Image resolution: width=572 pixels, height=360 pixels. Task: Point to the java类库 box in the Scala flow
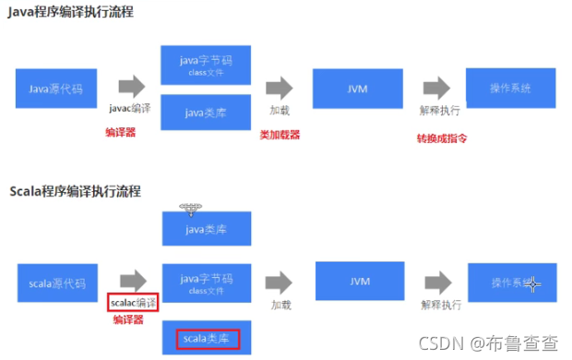pyautogui.click(x=207, y=227)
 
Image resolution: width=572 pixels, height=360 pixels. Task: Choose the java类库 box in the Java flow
pyautogui.click(x=206, y=114)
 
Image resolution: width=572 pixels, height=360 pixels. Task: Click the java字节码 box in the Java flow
pyautogui.click(x=206, y=66)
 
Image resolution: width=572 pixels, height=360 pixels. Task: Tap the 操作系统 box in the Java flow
pyautogui.click(x=510, y=89)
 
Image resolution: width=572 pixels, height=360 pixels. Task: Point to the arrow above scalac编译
pyautogui.click(x=134, y=280)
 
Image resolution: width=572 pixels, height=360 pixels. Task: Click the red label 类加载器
pyautogui.click(x=280, y=135)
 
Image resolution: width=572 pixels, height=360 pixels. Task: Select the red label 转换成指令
pyautogui.click(x=443, y=138)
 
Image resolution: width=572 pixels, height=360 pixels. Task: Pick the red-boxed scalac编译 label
pyautogui.click(x=133, y=302)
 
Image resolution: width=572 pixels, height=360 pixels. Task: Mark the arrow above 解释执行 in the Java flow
pyautogui.click(x=436, y=88)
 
